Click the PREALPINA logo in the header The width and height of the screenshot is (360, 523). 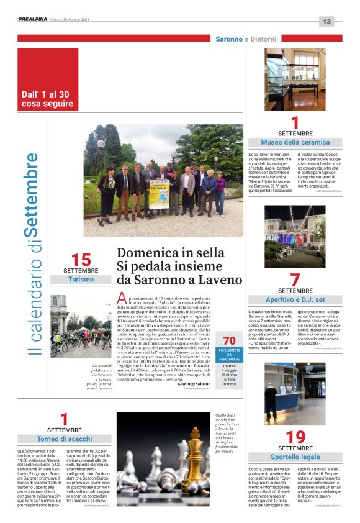(x=36, y=20)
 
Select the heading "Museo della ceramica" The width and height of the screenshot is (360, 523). (x=295, y=142)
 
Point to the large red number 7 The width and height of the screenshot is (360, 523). (x=295, y=280)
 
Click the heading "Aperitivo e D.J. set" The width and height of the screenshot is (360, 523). (x=295, y=299)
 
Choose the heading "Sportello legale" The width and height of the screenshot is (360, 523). (x=295, y=457)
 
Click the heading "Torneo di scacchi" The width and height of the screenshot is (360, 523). (x=64, y=439)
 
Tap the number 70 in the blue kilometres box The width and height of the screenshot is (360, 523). (x=229, y=340)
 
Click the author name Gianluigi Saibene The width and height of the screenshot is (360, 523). (x=194, y=384)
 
